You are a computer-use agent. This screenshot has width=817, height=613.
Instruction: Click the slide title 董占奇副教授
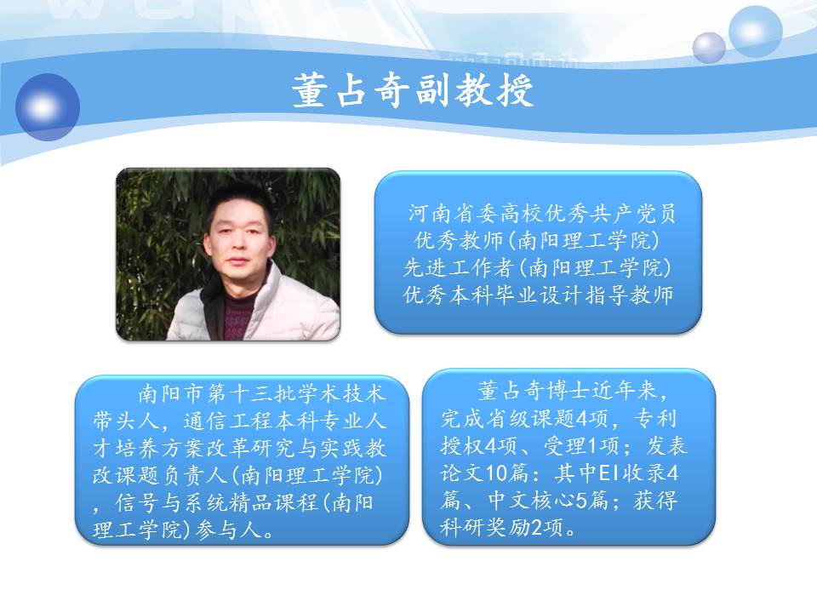coord(413,91)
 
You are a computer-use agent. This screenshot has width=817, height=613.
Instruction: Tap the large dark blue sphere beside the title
coord(48,107)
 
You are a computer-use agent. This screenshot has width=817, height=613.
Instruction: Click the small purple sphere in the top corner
coord(709,48)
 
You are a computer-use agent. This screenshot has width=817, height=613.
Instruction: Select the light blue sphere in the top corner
coord(755,31)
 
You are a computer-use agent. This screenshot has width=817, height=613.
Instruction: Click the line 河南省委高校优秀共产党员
coord(542,213)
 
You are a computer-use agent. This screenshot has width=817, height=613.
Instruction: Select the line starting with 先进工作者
coord(537,267)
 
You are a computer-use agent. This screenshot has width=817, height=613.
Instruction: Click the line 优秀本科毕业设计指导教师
coord(538,295)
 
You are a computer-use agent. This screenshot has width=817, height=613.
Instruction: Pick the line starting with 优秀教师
coord(537,240)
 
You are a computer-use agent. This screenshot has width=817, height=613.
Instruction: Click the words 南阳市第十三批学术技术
coord(261,393)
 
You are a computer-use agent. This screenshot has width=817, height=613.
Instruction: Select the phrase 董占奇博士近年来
coord(566,391)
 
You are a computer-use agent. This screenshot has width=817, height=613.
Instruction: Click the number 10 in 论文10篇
coord(495,473)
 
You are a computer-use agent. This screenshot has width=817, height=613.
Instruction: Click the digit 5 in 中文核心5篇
coord(581,501)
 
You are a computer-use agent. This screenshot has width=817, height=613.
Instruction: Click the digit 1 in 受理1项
coord(591,446)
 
